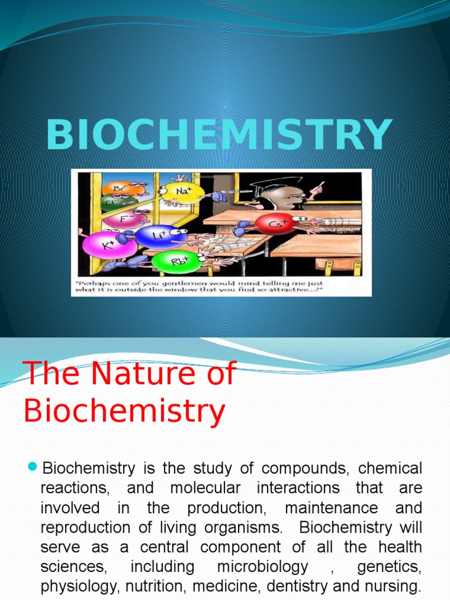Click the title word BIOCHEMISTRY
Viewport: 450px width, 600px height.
[x=219, y=135]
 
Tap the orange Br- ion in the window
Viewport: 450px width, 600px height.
[x=120, y=189]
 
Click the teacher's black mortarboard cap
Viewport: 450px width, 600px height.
[x=271, y=186]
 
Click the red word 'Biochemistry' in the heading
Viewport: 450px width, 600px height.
[x=124, y=411]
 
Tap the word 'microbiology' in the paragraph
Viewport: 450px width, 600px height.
[x=262, y=568]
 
